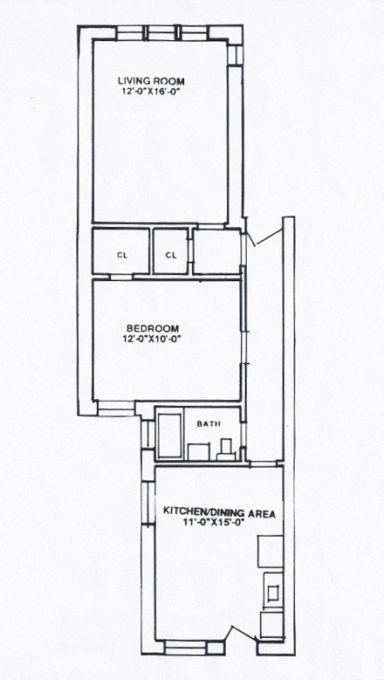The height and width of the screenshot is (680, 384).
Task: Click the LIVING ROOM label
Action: pos(151,81)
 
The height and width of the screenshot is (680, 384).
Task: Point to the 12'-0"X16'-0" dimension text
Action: pos(151,92)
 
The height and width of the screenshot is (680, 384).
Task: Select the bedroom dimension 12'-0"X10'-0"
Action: pos(152,339)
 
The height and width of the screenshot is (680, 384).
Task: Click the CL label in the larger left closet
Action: pos(123,256)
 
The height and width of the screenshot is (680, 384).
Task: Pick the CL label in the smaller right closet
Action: pos(171,256)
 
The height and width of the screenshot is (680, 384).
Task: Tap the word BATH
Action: pos(209,424)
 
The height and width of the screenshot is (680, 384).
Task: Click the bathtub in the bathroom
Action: pos(169,436)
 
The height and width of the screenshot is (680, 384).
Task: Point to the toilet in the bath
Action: pos(226,450)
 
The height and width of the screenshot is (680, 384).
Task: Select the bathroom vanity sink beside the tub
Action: pos(198,451)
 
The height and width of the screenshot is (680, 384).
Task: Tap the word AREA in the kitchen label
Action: pos(261,514)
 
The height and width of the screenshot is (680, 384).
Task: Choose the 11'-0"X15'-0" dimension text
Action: pos(212,522)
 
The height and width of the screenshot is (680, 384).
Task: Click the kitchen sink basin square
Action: pos(273,593)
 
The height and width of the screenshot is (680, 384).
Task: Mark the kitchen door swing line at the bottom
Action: pos(244,632)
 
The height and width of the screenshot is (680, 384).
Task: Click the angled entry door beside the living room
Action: pos(270,237)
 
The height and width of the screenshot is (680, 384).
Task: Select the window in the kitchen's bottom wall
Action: pos(186,648)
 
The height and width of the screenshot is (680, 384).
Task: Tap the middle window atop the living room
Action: pos(160,33)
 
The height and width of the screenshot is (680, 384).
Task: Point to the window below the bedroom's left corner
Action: pos(116,408)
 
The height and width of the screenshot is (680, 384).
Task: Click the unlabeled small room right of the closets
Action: pos(216,251)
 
